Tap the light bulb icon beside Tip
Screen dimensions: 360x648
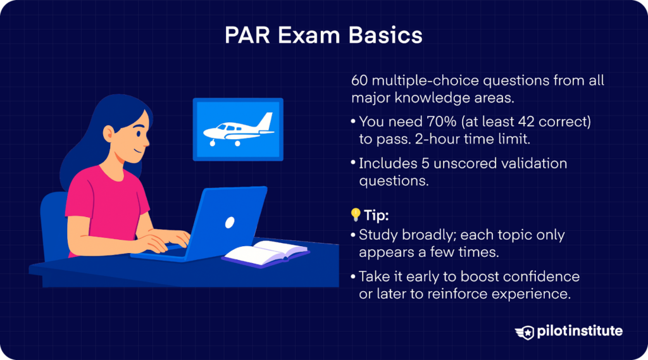pyautogui.click(x=356, y=214)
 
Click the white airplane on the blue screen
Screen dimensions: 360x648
pyautogui.click(x=237, y=129)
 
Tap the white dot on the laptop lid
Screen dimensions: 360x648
pyautogui.click(x=230, y=222)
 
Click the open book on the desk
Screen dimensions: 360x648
pyautogui.click(x=265, y=252)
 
